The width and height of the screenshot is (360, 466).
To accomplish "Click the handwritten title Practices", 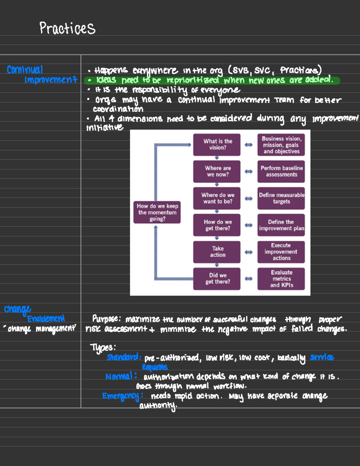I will [x=67, y=29].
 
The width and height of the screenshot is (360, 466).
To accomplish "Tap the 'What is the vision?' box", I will [x=217, y=145].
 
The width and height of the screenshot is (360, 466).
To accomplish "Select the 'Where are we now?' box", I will [x=217, y=171].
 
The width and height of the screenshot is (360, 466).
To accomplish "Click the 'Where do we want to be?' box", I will [x=217, y=198].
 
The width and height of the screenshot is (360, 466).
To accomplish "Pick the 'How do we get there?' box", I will [x=217, y=225].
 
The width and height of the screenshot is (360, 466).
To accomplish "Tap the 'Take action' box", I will [x=217, y=252].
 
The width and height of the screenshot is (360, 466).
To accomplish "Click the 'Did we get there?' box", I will [x=217, y=279].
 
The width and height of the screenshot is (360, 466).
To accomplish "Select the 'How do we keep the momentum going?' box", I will [x=157, y=212].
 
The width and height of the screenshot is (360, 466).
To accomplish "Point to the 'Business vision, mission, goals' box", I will [x=281, y=145].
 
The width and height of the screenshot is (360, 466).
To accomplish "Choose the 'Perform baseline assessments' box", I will [x=281, y=171].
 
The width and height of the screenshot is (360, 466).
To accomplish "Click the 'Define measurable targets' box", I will [x=281, y=198].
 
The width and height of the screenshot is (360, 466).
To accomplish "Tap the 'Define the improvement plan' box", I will [x=281, y=225].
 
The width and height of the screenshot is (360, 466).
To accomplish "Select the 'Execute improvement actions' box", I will [x=281, y=252].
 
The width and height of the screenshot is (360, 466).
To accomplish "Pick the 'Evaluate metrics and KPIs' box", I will [x=281, y=279].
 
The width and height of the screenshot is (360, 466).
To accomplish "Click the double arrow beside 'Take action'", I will [x=249, y=252].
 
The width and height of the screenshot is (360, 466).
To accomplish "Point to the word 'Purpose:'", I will [x=106, y=319].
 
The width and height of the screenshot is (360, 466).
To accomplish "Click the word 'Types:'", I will [x=103, y=347].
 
